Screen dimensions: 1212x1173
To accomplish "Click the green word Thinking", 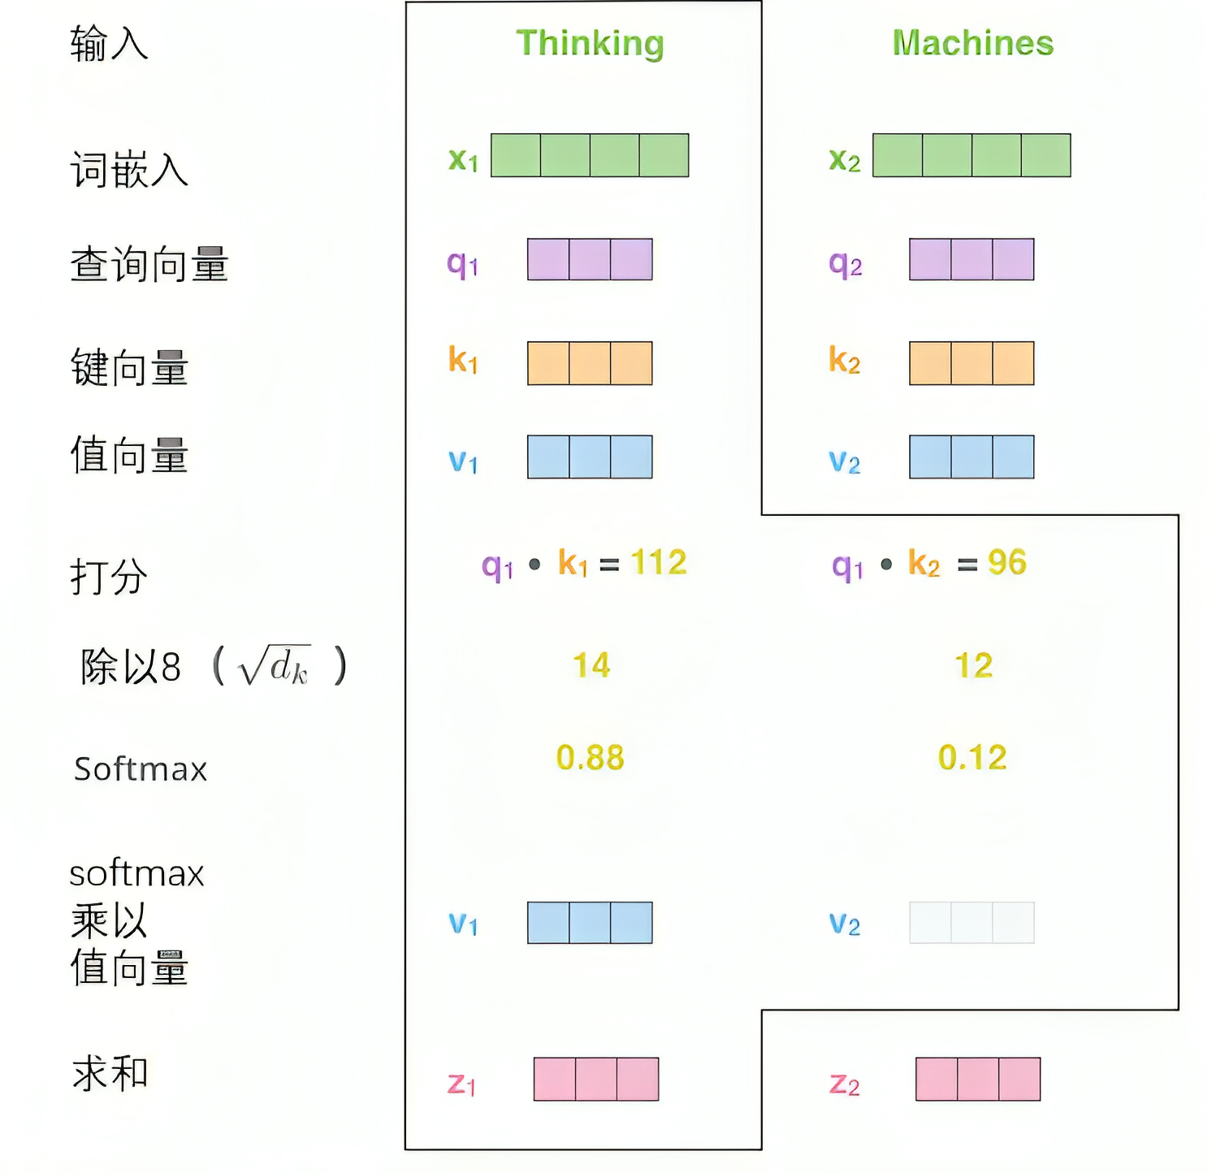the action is (x=590, y=43).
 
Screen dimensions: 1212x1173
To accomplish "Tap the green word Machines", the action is (x=972, y=43).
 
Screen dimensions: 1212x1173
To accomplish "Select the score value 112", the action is (x=658, y=562).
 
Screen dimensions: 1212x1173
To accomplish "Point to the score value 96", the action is (x=1006, y=562).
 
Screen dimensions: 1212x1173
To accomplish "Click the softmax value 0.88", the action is (x=590, y=758).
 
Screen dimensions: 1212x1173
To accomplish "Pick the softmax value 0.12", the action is (x=972, y=758).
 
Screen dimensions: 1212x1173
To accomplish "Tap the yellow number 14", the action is (x=591, y=665).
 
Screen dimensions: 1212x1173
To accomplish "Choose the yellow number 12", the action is (x=973, y=666).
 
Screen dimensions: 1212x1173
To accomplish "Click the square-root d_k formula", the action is (x=274, y=667).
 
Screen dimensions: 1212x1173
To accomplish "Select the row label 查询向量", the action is (x=149, y=265).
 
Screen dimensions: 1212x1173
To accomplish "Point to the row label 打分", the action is (x=109, y=577).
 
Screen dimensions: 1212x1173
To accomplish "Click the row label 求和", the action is (x=110, y=1073).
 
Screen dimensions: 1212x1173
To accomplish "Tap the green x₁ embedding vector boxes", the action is (x=590, y=155).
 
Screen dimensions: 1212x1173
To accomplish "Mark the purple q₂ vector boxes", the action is (x=972, y=259).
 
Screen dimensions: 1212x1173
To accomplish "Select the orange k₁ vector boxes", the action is (x=590, y=363).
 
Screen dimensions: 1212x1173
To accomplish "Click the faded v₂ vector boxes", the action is (x=972, y=923).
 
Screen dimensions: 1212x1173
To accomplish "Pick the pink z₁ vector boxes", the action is (x=595, y=1079).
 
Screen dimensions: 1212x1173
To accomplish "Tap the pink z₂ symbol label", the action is (x=844, y=1084).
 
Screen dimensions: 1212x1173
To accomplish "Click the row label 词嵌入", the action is (x=129, y=171).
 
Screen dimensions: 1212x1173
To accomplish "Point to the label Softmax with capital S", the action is (x=141, y=769).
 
